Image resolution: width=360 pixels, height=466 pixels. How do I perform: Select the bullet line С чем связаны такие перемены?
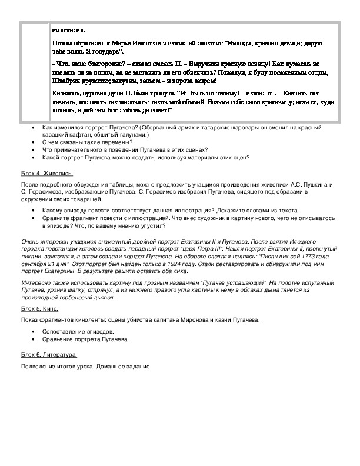point(88,142)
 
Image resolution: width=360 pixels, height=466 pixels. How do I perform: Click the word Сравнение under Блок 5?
point(59,339)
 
